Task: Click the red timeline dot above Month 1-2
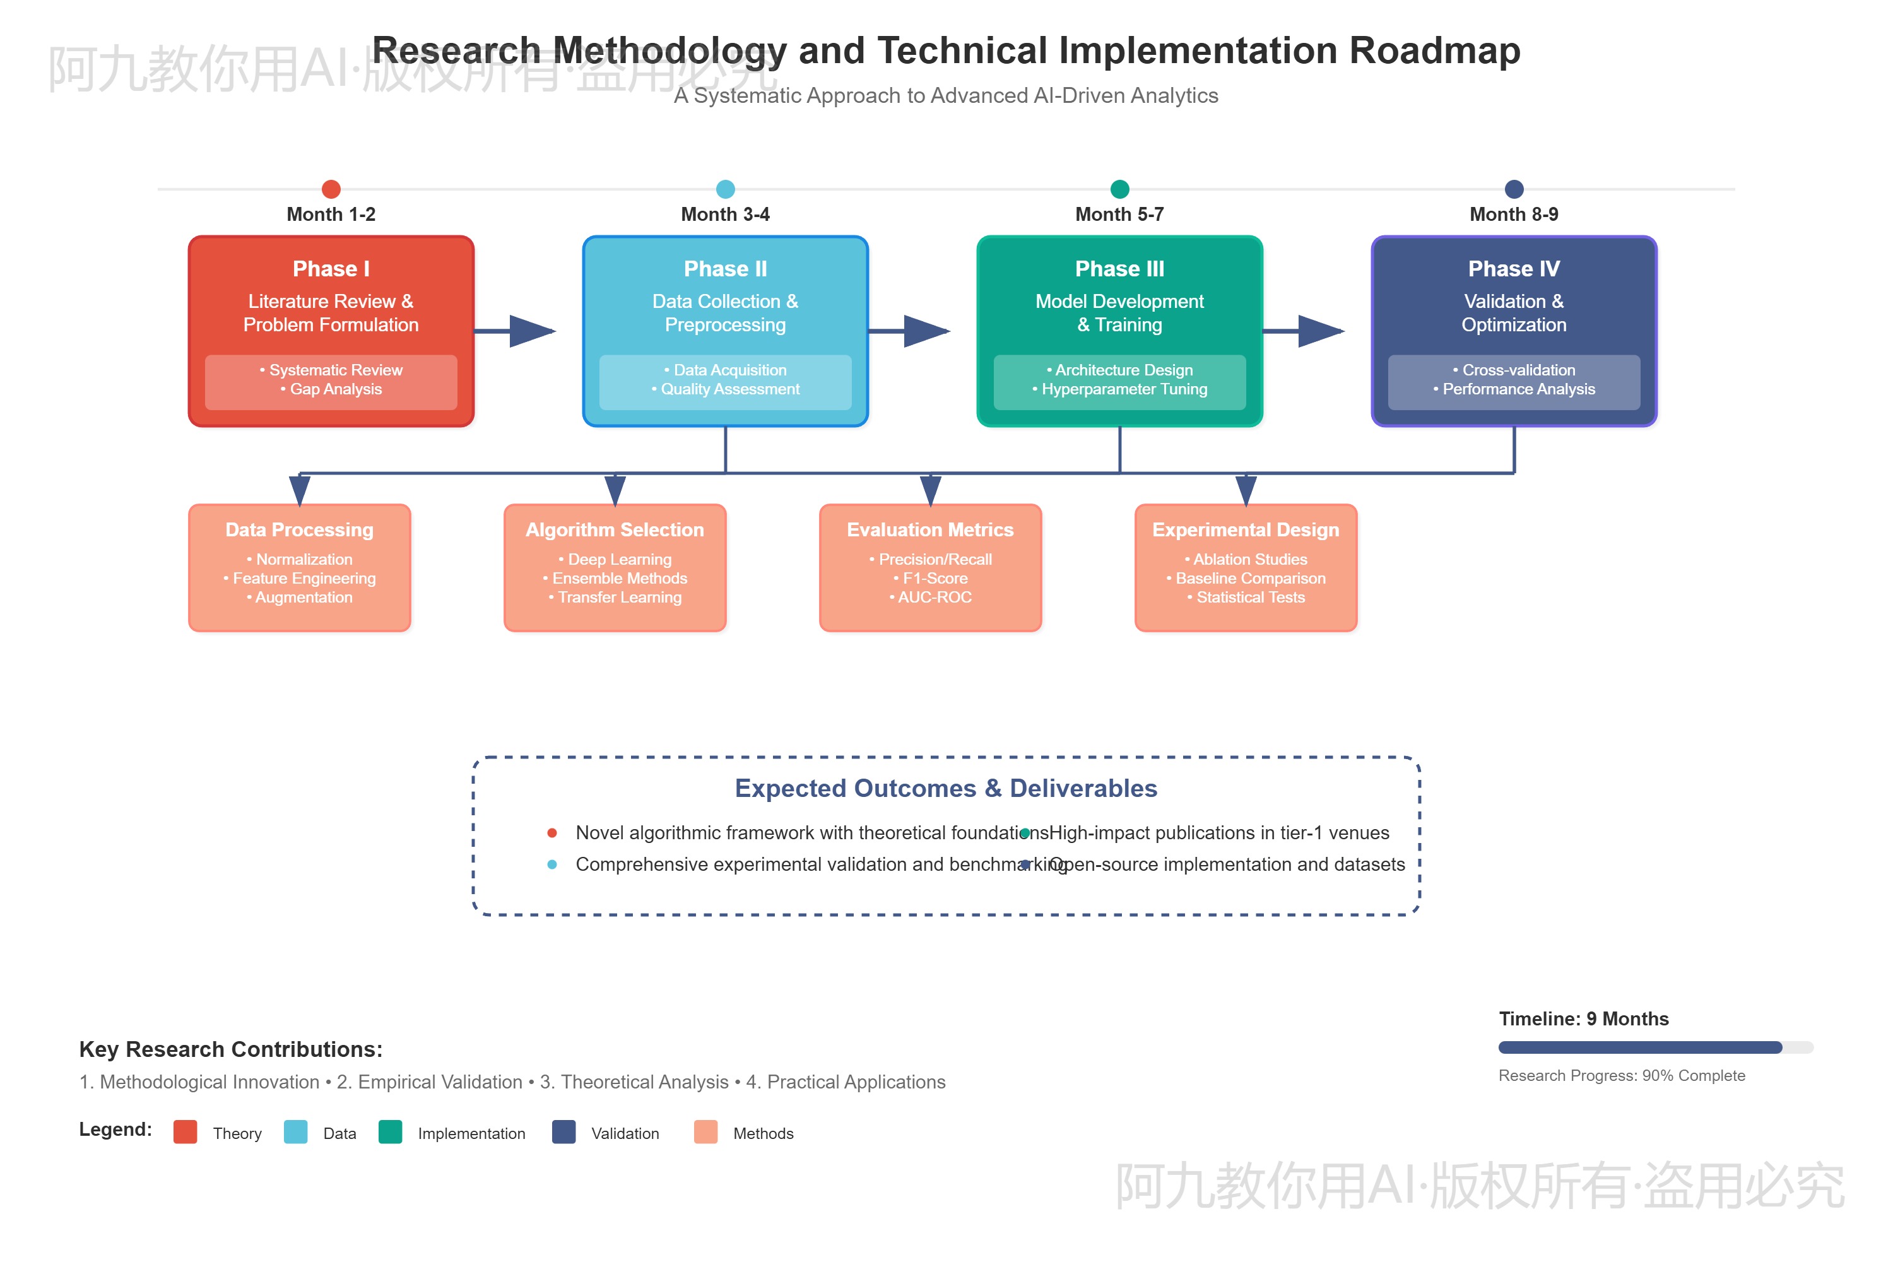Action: tap(331, 189)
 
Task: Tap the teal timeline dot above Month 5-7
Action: tap(1119, 189)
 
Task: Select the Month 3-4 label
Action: tap(725, 214)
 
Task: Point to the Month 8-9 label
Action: tap(1513, 214)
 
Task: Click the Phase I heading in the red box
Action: tap(331, 269)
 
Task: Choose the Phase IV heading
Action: tap(1513, 269)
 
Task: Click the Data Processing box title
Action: tap(299, 529)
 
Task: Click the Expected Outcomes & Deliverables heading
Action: tap(946, 788)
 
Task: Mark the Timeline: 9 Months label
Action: tap(1583, 1019)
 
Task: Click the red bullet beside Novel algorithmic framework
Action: tap(552, 833)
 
